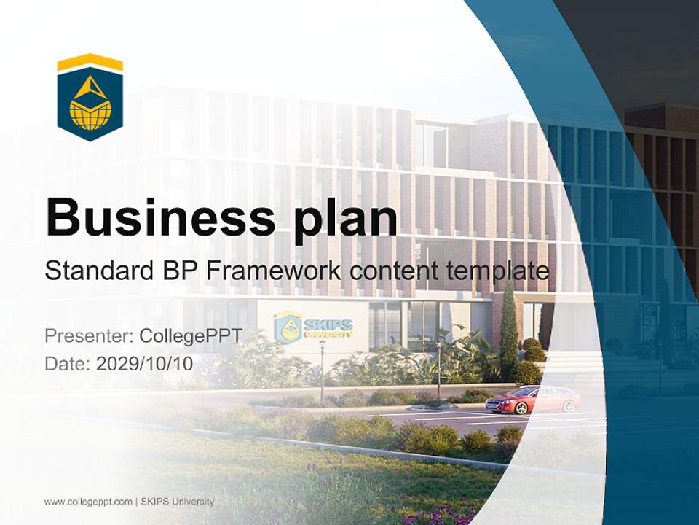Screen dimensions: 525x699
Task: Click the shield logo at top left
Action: [x=90, y=98]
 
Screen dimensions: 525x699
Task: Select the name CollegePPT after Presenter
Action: [x=191, y=336]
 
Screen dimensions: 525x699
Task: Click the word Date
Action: [x=66, y=363]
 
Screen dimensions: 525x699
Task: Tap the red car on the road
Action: [x=533, y=400]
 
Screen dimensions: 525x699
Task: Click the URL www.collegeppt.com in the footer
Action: [x=88, y=502]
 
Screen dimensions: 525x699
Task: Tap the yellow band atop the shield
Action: [x=90, y=63]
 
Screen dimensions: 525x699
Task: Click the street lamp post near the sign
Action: [x=323, y=368]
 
